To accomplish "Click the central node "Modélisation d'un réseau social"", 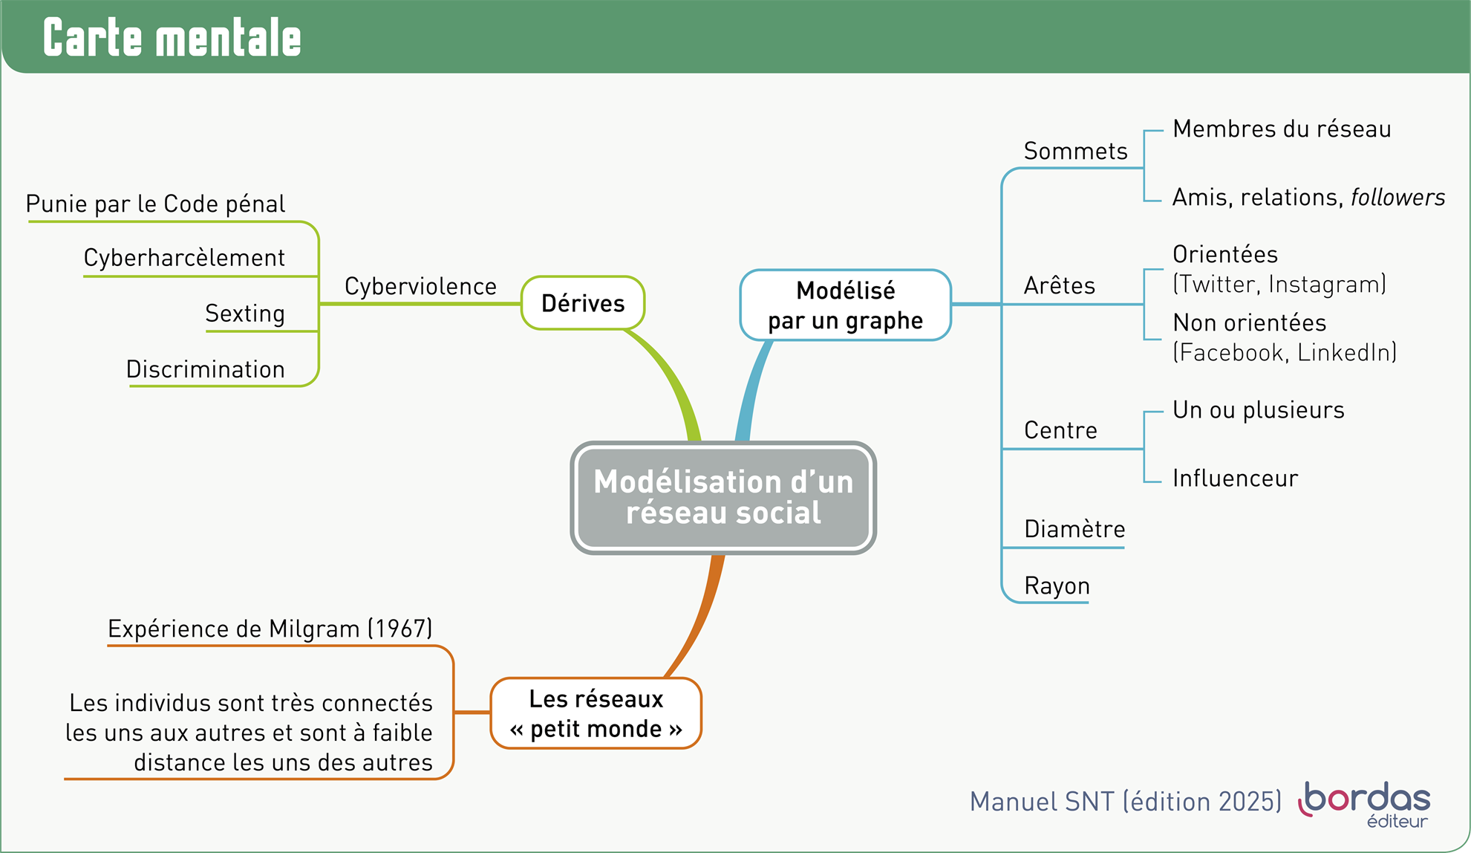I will click(x=723, y=498).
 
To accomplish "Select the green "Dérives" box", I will click(x=583, y=303).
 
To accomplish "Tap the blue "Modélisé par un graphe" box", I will click(x=845, y=305).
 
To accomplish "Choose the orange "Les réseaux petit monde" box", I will click(x=596, y=713).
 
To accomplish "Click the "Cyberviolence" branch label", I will click(x=420, y=287).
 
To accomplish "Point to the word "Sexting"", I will click(x=245, y=314).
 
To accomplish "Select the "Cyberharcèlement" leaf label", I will click(x=184, y=258).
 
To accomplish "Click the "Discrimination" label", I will click(x=206, y=369).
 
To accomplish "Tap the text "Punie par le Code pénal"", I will click(x=155, y=204).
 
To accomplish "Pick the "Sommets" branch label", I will click(x=1075, y=152).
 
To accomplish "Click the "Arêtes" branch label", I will click(x=1060, y=286).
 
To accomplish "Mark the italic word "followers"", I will click(x=1397, y=198).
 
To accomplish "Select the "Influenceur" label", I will click(x=1235, y=479).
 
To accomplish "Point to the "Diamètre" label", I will click(x=1074, y=529).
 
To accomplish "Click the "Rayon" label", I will click(x=1057, y=586).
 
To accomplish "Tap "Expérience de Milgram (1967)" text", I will click(x=270, y=629).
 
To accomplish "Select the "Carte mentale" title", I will click(x=172, y=38).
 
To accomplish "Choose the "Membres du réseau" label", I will click(x=1282, y=129).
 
